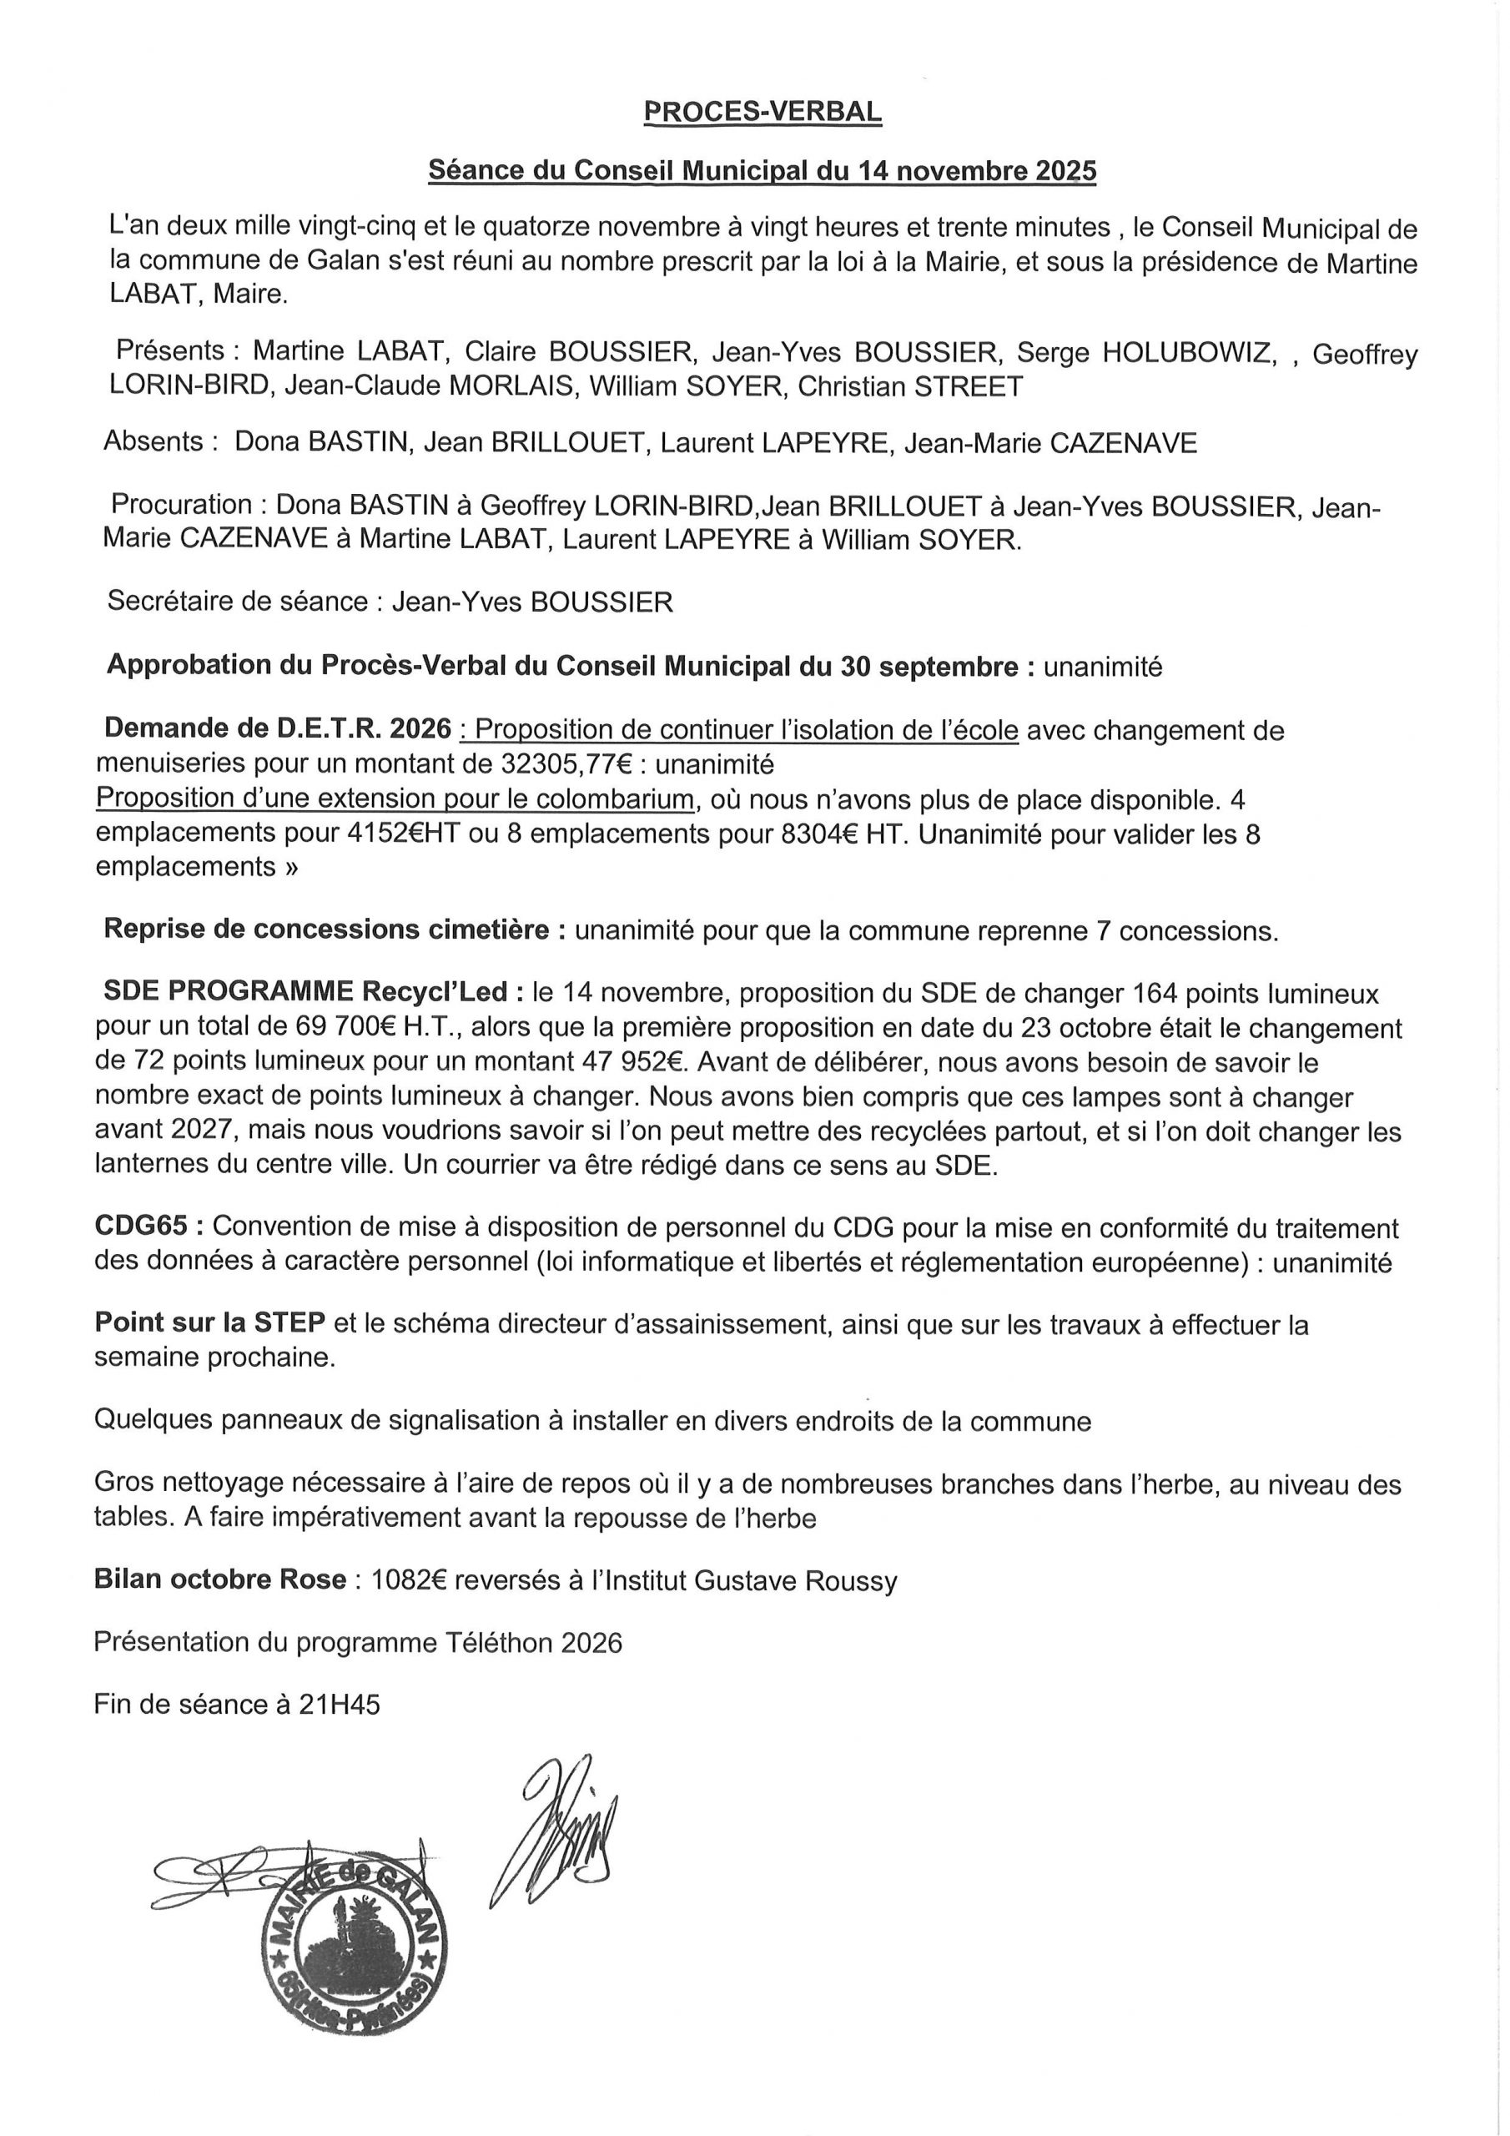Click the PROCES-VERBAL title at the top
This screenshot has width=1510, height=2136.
[x=762, y=112]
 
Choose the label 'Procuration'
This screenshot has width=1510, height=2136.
[x=181, y=504]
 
